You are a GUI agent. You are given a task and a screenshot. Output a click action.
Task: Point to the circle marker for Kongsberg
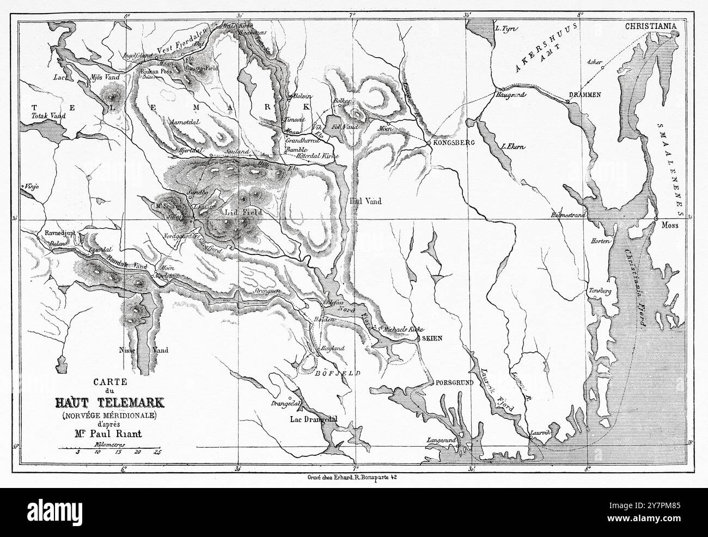pyautogui.click(x=429, y=143)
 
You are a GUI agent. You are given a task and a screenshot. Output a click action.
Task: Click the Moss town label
pyautogui.click(x=669, y=225)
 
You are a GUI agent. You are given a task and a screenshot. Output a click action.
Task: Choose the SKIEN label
pyautogui.click(x=431, y=338)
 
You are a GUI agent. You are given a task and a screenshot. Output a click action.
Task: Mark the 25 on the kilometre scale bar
pyautogui.click(x=157, y=452)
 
